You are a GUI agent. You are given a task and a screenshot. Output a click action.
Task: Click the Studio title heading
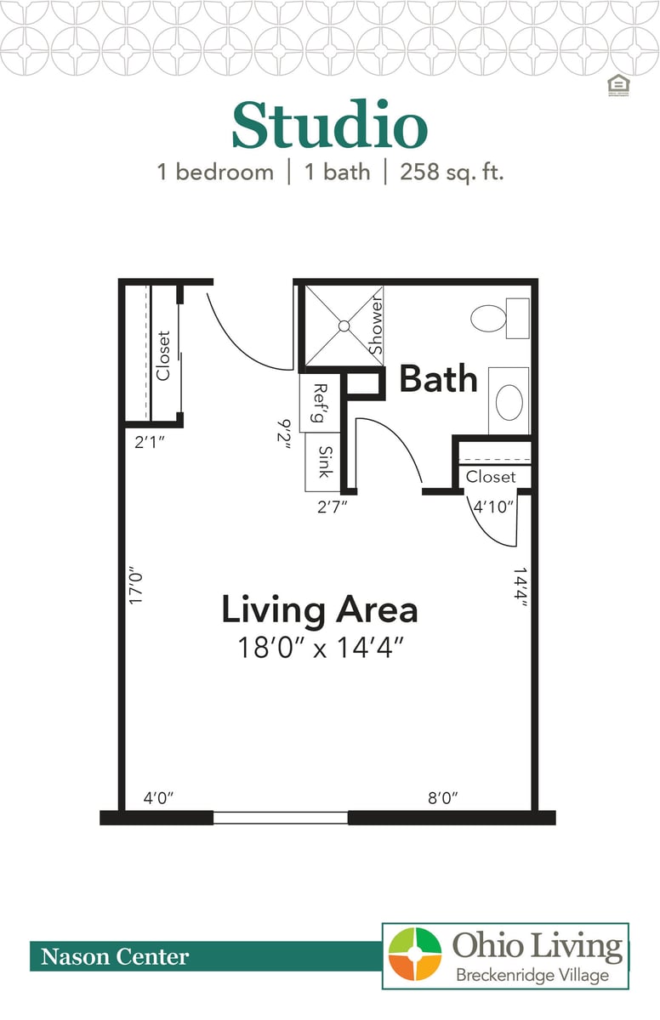pos(329,126)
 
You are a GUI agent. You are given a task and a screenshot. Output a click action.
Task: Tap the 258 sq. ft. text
pos(445,172)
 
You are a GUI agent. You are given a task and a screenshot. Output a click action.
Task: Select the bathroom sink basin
pos(509,401)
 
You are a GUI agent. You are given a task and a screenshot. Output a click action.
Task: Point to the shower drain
pos(343,325)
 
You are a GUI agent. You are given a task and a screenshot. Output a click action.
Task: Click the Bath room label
pos(438,379)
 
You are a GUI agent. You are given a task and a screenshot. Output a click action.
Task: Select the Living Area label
pos(320,609)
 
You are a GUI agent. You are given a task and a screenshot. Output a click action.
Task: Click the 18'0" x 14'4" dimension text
pos(320,648)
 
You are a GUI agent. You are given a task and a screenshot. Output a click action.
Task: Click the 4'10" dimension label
pos(494,507)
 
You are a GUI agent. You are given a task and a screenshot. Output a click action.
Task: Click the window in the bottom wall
pos(280,818)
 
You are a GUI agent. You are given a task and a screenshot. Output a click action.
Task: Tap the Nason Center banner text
pos(115,957)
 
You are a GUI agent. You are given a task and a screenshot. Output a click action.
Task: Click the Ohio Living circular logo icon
pos(415,955)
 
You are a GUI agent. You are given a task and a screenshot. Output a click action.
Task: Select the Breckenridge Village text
pos(532,975)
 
